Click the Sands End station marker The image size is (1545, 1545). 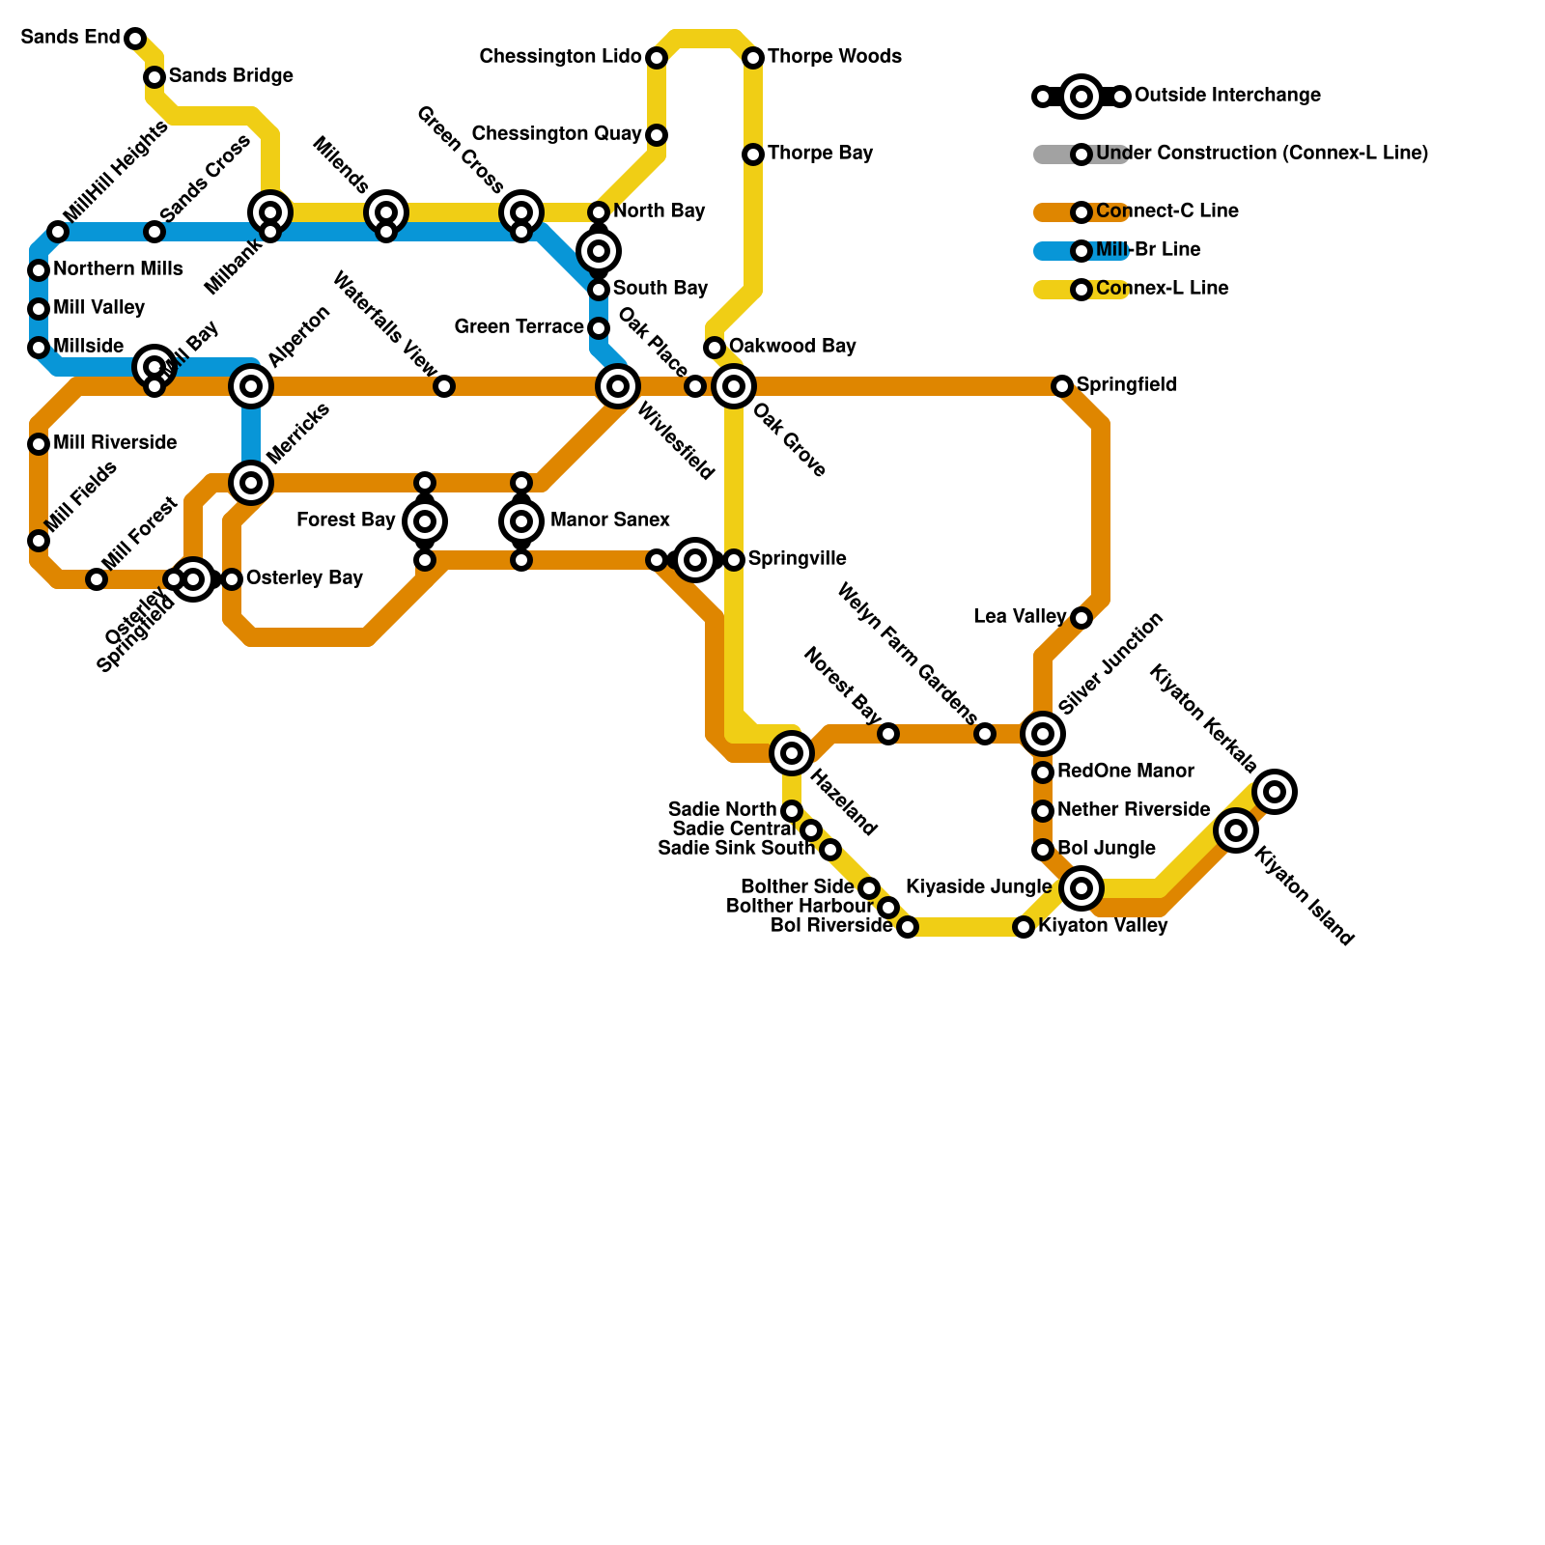point(135,39)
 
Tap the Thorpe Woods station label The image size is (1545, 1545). point(834,57)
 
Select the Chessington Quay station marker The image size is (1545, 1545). point(657,135)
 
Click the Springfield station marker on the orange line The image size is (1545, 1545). point(1062,386)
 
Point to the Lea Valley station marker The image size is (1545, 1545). point(1081,618)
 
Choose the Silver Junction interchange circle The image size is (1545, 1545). point(1043,734)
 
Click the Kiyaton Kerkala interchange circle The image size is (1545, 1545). point(1275,792)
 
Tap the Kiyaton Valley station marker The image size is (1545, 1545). point(1024,927)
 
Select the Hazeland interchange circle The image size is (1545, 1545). point(792,752)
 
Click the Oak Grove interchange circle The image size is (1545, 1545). point(734,386)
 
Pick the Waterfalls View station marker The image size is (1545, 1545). point(444,386)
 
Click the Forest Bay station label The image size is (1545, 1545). point(346,520)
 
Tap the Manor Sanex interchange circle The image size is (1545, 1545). point(521,521)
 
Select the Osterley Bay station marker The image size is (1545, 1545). point(232,579)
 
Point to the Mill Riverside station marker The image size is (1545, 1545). point(39,444)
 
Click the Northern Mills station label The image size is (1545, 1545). point(118,269)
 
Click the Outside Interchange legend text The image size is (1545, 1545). point(1227,96)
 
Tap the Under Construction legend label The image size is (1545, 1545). point(1261,154)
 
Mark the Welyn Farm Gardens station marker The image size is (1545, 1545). point(985,734)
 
